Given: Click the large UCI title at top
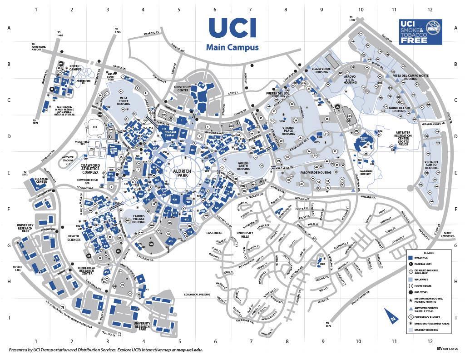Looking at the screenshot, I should [232, 28].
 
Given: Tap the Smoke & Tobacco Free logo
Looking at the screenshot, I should [420, 32].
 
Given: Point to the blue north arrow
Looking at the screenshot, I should [390, 314].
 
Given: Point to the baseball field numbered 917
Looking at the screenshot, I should [95, 127].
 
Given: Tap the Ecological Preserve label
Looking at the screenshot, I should [197, 295].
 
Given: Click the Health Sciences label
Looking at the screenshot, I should [73, 238].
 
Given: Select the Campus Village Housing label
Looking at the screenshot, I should [139, 219].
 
